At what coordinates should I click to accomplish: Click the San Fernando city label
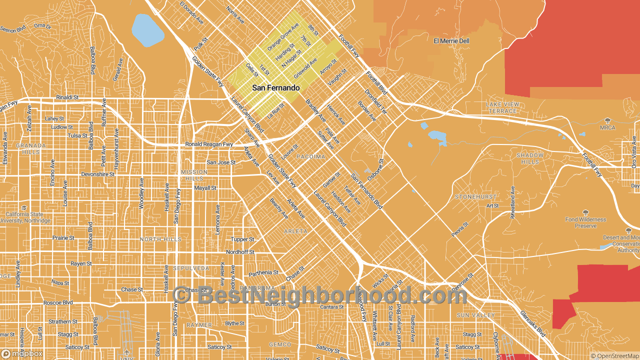(275, 88)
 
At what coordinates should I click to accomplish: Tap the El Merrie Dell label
(451, 41)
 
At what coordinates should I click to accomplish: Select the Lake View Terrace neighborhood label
(502, 107)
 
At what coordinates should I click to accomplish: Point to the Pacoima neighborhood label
(311, 156)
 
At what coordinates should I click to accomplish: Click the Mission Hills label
(194, 175)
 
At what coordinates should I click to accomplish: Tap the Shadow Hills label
(530, 158)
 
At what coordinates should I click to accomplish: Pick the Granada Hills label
(31, 148)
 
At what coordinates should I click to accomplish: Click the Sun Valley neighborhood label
(475, 315)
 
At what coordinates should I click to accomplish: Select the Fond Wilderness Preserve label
(585, 222)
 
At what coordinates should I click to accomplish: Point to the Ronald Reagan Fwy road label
(209, 144)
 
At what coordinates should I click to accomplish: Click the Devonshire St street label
(98, 174)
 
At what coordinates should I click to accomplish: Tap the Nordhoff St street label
(240, 252)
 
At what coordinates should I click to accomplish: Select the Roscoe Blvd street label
(57, 302)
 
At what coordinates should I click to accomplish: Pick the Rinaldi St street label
(68, 97)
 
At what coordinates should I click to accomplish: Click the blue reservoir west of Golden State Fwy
(147, 29)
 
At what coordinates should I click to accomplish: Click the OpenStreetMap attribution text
(614, 356)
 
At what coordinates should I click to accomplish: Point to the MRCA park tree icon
(607, 120)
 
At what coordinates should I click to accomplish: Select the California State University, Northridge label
(25, 217)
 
